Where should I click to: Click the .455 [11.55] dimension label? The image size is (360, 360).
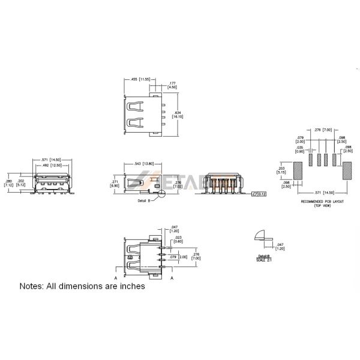[138, 79]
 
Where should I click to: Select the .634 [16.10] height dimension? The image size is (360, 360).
[178, 115]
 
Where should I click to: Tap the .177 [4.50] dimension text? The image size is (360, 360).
[172, 85]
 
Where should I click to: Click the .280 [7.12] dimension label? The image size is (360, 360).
[9, 182]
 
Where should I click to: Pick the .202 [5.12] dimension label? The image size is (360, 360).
[22, 182]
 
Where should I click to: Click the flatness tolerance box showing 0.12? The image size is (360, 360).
[260, 194]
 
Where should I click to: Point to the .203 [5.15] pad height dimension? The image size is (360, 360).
[282, 170]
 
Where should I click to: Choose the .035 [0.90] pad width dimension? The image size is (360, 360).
[299, 149]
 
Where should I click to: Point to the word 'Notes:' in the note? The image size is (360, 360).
[34, 286]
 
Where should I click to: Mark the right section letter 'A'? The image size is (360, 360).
[173, 278]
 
